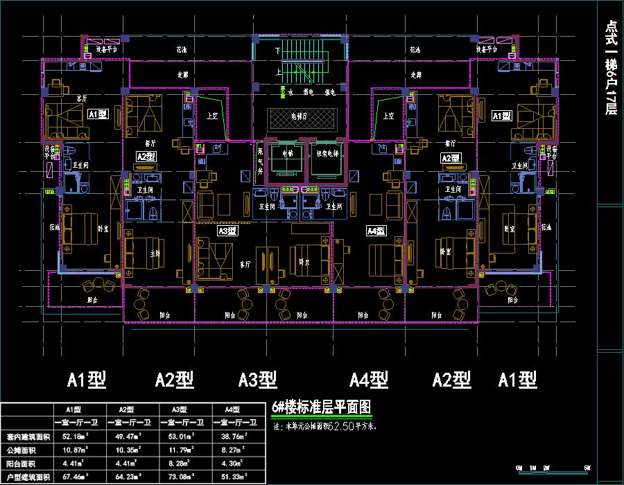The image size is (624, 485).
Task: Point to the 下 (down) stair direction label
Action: [277, 51]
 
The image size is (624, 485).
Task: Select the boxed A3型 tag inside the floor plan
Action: [227, 231]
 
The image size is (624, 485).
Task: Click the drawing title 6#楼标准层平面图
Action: [322, 407]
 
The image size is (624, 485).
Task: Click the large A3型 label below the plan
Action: [258, 380]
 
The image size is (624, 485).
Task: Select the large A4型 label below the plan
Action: [368, 380]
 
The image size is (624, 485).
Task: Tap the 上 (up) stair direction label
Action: [278, 71]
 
